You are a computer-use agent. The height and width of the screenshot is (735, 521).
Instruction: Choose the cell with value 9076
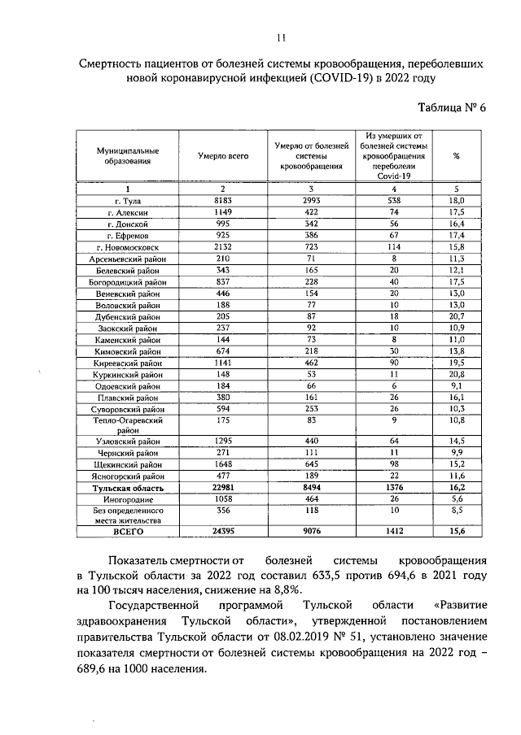click(306, 531)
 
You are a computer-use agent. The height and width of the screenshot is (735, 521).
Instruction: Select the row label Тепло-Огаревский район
click(127, 426)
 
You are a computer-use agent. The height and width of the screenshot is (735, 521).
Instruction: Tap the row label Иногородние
click(127, 499)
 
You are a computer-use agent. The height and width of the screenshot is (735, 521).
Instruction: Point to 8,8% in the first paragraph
click(290, 590)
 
